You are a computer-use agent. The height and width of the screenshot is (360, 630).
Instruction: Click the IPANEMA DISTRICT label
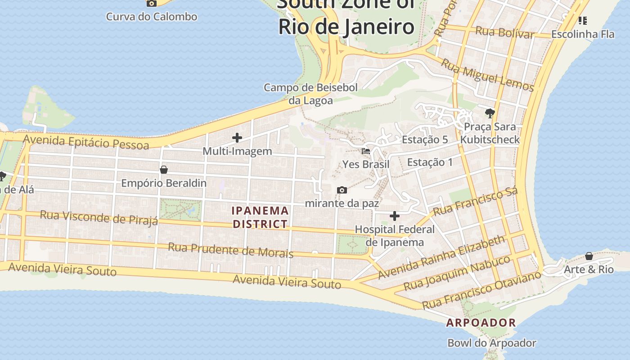[260, 217]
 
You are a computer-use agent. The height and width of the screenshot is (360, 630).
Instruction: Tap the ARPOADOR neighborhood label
[481, 323]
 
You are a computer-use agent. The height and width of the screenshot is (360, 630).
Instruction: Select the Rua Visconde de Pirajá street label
[99, 217]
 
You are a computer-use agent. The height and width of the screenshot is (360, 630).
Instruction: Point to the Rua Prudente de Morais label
[230, 250]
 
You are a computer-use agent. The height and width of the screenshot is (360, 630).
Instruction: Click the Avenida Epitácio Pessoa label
[86, 142]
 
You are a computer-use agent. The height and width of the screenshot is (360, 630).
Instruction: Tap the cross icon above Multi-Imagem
[237, 138]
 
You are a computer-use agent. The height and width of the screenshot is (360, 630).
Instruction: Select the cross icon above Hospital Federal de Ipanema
[395, 216]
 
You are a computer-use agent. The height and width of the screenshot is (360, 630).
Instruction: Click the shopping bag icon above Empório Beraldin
[164, 170]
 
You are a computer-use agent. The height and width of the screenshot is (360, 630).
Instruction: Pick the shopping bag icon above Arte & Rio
[589, 256]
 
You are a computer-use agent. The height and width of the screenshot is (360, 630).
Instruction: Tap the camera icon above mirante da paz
[342, 190]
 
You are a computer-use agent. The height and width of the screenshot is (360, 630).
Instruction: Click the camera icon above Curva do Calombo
[152, 3]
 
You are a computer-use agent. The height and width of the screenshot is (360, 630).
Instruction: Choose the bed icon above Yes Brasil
[366, 151]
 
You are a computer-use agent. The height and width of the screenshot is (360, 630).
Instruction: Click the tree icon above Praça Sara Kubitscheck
[490, 113]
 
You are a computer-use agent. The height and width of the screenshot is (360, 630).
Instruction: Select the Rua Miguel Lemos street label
[487, 75]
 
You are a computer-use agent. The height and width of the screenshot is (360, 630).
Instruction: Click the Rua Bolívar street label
[505, 32]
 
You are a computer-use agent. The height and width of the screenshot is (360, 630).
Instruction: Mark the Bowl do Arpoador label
[491, 343]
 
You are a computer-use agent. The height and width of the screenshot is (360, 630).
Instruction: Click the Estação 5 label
[425, 139]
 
